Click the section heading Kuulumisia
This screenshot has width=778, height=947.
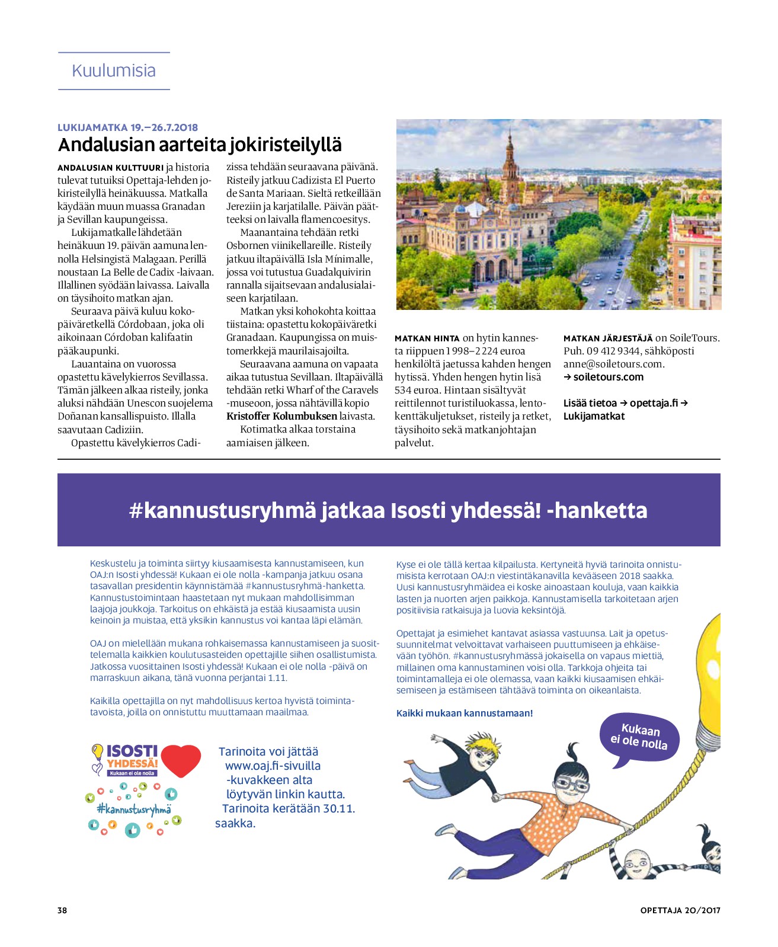tap(114, 71)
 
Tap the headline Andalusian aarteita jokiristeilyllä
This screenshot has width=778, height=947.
tap(200, 145)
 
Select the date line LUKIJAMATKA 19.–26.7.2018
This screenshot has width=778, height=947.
tap(127, 127)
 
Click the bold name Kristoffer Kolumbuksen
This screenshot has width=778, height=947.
tap(281, 416)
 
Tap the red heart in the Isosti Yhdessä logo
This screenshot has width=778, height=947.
tap(181, 760)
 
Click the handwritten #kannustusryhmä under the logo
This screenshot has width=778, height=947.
tap(134, 808)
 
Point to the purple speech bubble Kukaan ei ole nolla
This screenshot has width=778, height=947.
tap(639, 737)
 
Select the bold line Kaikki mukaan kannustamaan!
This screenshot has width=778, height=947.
tap(465, 713)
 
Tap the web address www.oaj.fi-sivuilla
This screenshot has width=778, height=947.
tap(273, 766)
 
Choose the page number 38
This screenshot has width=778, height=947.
tap(62, 910)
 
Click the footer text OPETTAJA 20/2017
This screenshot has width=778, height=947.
tap(680, 910)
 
